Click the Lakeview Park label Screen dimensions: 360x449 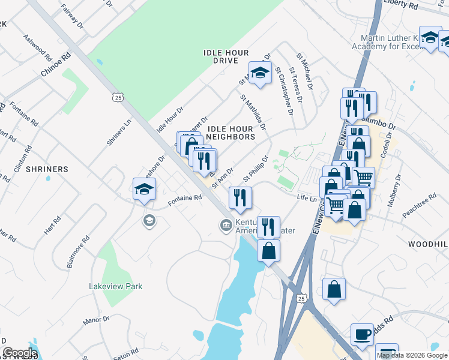click(x=116, y=286)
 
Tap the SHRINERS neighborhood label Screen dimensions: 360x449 click(x=47, y=169)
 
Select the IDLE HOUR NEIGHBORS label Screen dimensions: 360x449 click(x=231, y=133)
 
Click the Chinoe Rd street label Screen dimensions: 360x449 click(x=56, y=64)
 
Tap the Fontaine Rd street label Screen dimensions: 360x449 click(x=184, y=200)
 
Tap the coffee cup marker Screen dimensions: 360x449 click(x=363, y=335)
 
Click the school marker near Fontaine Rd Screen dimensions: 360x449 click(x=144, y=190)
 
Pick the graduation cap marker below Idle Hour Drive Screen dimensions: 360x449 click(x=259, y=73)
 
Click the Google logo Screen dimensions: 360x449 click(x=19, y=353)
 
